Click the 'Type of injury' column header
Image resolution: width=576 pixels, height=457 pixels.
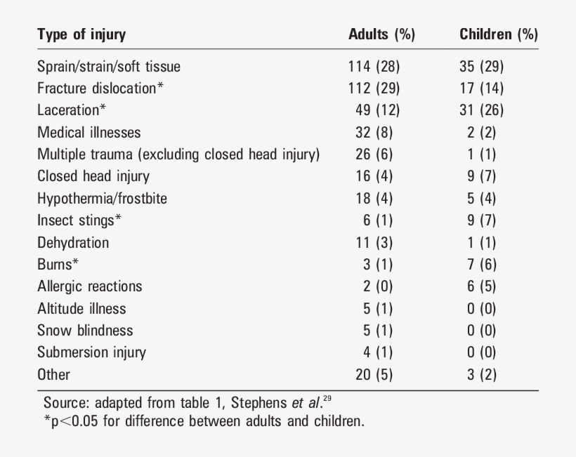pyautogui.click(x=81, y=34)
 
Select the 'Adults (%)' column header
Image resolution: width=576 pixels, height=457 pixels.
pyautogui.click(x=381, y=34)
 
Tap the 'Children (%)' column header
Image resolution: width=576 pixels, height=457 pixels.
pyautogui.click(x=498, y=34)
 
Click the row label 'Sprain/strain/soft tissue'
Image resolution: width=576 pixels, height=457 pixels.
pyautogui.click(x=109, y=67)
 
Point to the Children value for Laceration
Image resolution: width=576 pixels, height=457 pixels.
pyautogui.click(x=481, y=110)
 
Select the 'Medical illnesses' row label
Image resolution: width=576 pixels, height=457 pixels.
pyautogui.click(x=89, y=132)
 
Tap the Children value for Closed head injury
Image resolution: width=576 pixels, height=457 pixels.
pyautogui.click(x=481, y=176)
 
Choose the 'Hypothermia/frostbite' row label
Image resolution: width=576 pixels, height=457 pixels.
pyautogui.click(x=103, y=198)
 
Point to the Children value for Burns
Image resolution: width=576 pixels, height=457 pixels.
pyautogui.click(x=481, y=264)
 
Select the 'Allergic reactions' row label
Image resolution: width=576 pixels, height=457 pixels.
pyautogui.click(x=90, y=286)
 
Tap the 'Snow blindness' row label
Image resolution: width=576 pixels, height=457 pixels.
pyautogui.click(x=85, y=330)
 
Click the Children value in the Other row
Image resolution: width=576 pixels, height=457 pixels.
pyautogui.click(x=481, y=374)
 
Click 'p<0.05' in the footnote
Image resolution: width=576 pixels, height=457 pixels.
pyautogui.click(x=77, y=421)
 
